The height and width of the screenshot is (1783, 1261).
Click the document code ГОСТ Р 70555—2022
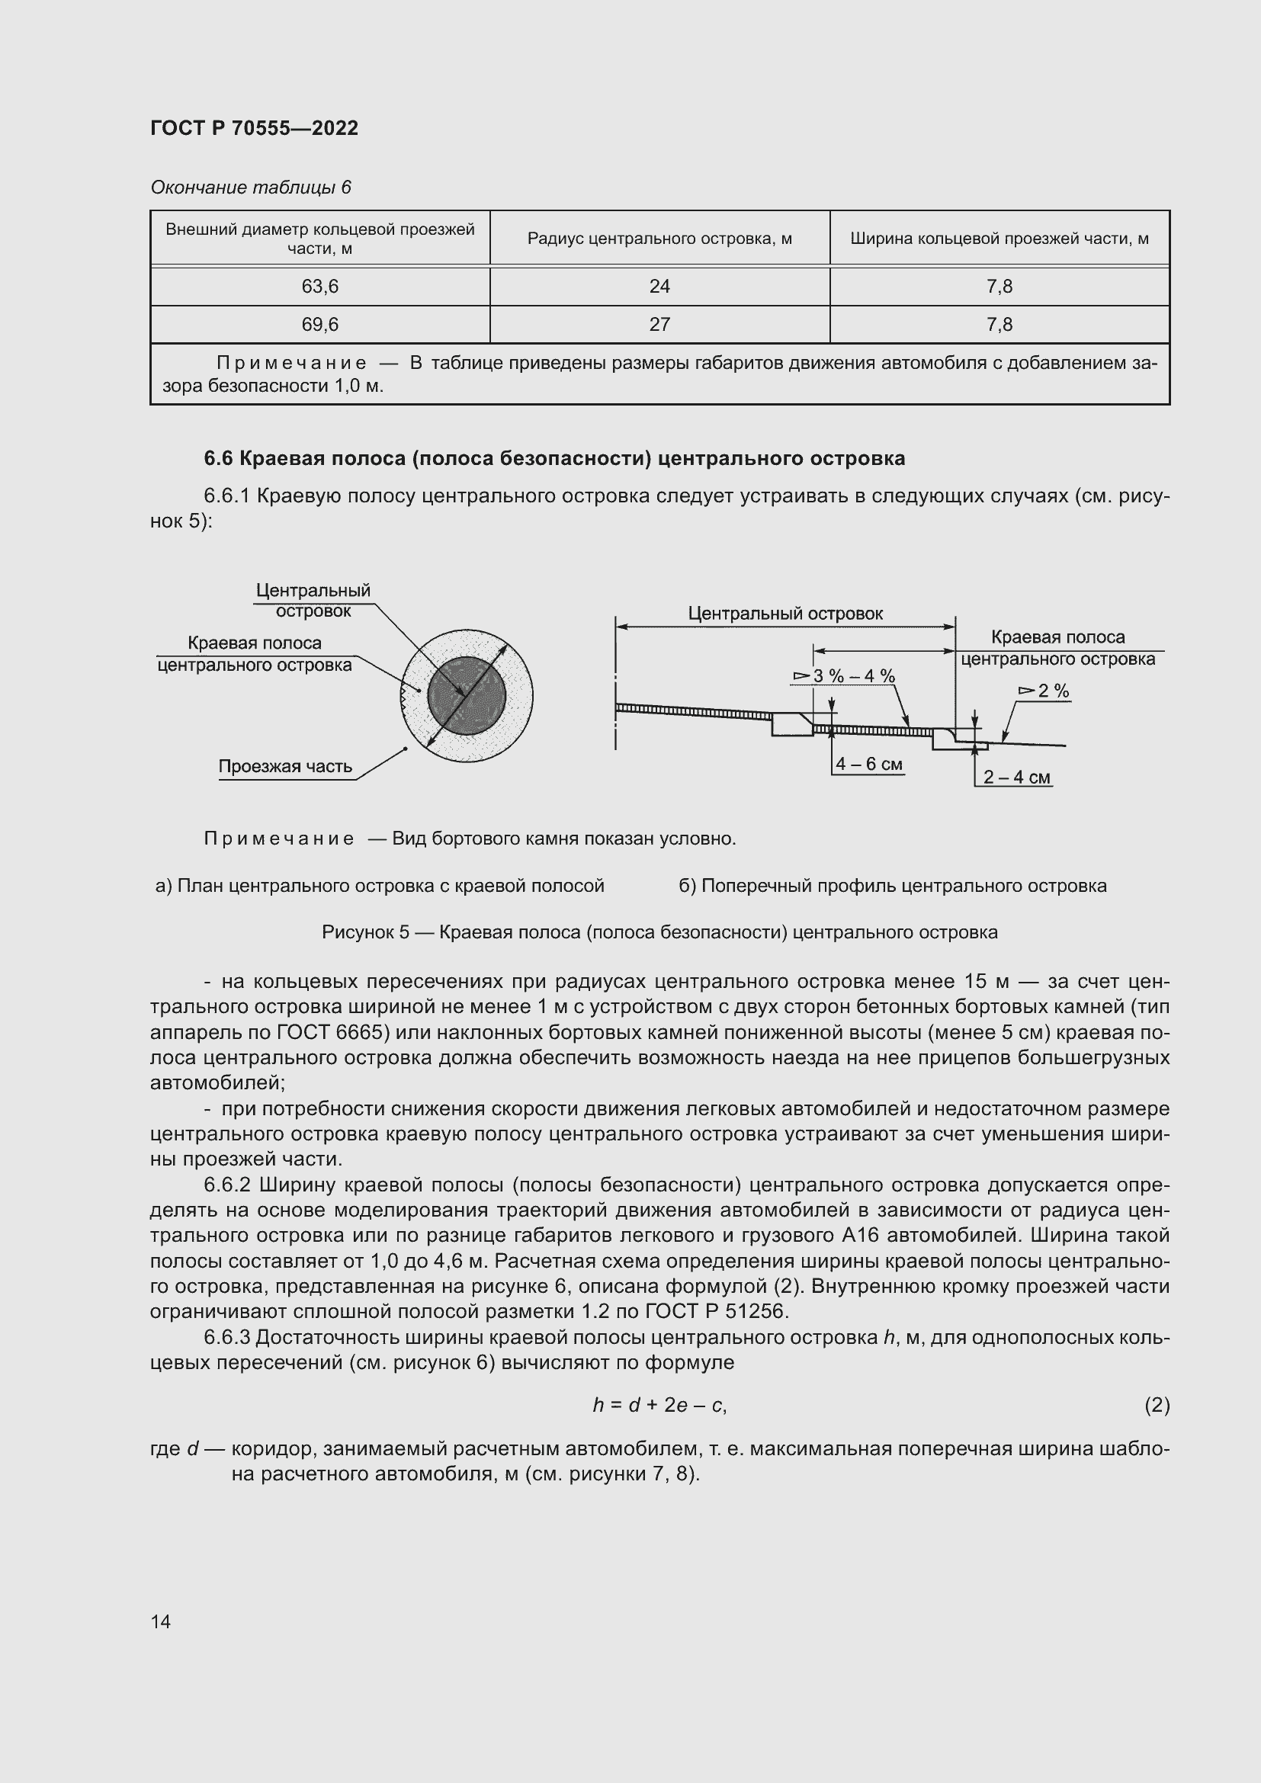tap(254, 128)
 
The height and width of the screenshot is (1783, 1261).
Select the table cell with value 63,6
tap(319, 287)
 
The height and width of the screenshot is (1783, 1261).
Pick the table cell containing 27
tap(659, 325)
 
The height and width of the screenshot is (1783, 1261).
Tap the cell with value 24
tap(659, 287)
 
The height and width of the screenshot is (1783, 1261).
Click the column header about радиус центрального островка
tap(659, 239)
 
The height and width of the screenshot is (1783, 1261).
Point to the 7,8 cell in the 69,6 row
tap(999, 325)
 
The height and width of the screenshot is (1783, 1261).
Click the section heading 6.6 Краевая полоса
tap(553, 459)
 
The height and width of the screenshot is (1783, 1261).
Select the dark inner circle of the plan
tap(466, 696)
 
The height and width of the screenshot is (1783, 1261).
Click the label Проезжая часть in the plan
tap(285, 766)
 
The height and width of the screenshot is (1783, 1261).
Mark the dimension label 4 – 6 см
tap(869, 764)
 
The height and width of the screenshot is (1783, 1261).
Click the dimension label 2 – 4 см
tap(1016, 778)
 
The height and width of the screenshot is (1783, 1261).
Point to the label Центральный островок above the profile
tap(785, 614)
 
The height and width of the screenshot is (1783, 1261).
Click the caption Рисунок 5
tap(659, 932)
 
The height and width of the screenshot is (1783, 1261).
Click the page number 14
tap(161, 1621)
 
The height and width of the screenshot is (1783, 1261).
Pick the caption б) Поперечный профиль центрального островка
tap(892, 886)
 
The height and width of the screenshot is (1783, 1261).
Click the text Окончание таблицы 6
tap(250, 188)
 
